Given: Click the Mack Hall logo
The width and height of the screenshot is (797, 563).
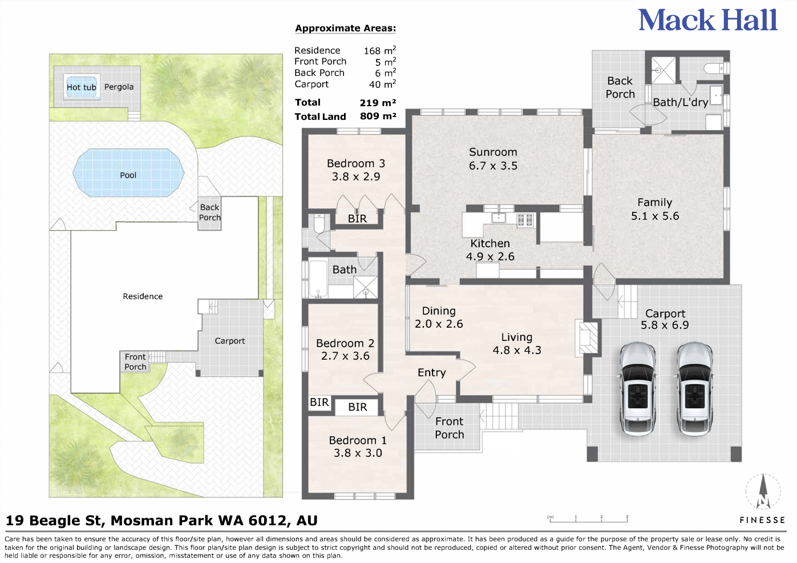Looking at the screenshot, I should pos(707,21).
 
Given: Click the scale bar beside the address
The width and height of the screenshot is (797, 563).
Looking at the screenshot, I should pos(588,519).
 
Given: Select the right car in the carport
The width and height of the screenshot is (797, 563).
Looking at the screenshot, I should pos(694,388).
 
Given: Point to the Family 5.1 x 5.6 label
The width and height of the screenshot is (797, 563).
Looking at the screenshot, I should pos(654,209).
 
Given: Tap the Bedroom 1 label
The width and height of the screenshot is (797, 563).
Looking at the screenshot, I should pos(358,447).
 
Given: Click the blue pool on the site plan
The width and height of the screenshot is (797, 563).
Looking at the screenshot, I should pos(128,173).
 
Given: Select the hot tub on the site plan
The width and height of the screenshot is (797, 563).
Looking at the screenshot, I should pos(82,87).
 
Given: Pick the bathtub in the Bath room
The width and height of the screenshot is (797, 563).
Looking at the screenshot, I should pos(318,279).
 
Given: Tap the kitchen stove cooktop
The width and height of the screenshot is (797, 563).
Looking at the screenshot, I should pos(525,219).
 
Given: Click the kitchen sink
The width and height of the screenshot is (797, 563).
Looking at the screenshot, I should pos(499,218).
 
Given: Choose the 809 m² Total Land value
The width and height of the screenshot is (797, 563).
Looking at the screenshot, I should pos(378,116).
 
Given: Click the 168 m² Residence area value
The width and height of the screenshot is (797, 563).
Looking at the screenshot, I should pos(379,50).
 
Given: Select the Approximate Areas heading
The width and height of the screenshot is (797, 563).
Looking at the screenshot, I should pos(345,28).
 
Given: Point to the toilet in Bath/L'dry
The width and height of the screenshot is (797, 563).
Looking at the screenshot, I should pos(714,69).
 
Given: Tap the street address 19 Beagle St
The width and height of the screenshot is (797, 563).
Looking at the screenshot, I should pos(161,521).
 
